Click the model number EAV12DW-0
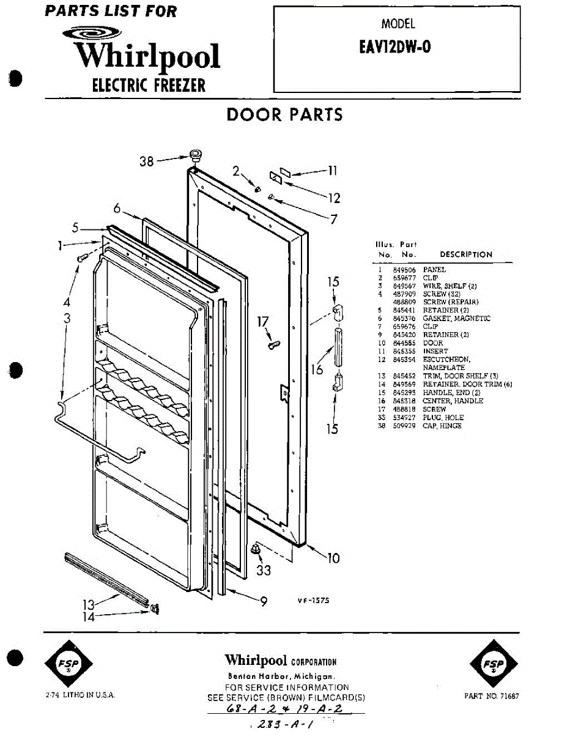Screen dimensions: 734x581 pyautogui.click(x=395, y=47)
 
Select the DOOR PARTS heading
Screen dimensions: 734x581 pyautogui.click(x=284, y=114)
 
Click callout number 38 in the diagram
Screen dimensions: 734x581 pyautogui.click(x=147, y=162)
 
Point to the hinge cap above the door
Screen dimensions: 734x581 pyautogui.click(x=196, y=154)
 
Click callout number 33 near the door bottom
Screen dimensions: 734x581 pyautogui.click(x=264, y=571)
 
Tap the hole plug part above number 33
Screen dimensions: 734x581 pyautogui.click(x=257, y=549)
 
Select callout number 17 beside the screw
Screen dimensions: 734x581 pyautogui.click(x=262, y=320)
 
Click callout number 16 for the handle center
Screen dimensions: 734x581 pyautogui.click(x=316, y=369)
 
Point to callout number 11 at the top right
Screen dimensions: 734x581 pyautogui.click(x=333, y=171)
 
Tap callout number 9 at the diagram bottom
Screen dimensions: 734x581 pyautogui.click(x=264, y=601)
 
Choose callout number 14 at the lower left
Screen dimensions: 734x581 pyautogui.click(x=89, y=617)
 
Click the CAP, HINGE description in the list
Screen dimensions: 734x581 pyautogui.click(x=442, y=426)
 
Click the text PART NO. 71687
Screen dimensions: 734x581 pyautogui.click(x=492, y=696)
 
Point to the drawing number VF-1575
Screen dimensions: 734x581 pyautogui.click(x=313, y=601)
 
